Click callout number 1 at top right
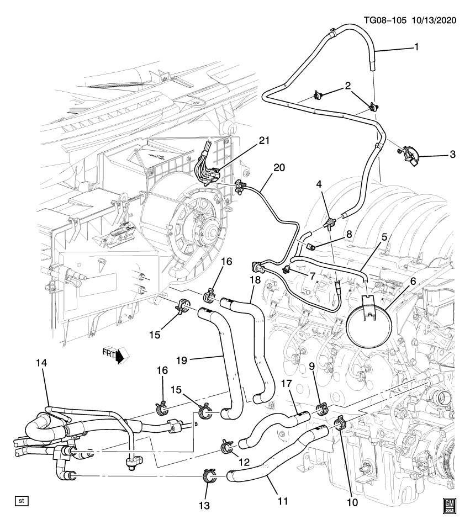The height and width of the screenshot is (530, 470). [416, 47]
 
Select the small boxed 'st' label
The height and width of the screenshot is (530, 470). [22, 501]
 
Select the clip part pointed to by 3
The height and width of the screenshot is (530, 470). [410, 152]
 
